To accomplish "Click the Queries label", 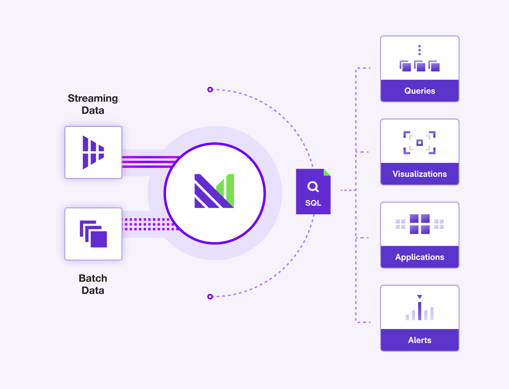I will click(x=420, y=91).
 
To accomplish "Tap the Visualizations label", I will click(x=420, y=174).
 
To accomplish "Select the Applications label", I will click(x=420, y=257).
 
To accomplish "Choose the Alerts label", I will click(x=420, y=340).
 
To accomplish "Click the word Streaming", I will click(x=93, y=99).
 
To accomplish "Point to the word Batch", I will click(x=93, y=278).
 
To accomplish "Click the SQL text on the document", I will click(x=313, y=203).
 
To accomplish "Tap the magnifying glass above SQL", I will click(x=313, y=187).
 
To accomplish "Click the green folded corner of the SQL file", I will click(x=327, y=172).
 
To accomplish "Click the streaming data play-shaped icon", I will click(x=93, y=152).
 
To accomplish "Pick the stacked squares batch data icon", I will click(x=94, y=234).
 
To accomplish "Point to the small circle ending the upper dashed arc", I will click(x=210, y=90).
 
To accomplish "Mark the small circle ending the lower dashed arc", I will click(x=210, y=297).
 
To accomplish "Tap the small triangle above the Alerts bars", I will click(x=420, y=297).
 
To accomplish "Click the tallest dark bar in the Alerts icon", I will click(x=420, y=311).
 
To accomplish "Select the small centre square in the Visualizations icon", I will click(x=420, y=143).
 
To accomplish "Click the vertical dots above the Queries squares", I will click(x=420, y=50).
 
